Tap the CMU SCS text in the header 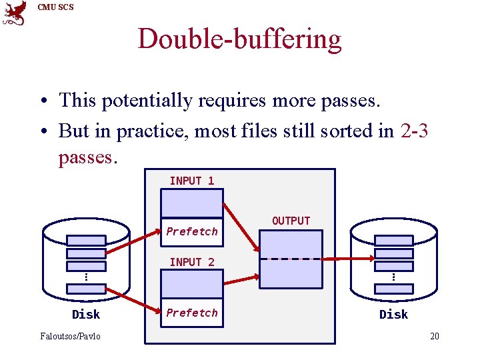[56, 7]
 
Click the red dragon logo [15, 13]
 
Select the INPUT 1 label [192, 181]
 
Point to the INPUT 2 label [192, 262]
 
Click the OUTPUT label [291, 221]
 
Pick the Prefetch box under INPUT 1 [192, 231]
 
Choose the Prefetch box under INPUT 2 [192, 313]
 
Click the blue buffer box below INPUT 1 [192, 203]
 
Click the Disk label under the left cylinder [86, 314]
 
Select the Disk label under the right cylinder [393, 314]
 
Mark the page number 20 [434, 336]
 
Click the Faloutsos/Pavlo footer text [69, 336]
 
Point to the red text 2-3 [415, 131]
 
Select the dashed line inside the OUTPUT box [291, 259]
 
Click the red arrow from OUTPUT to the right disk [347, 259]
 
